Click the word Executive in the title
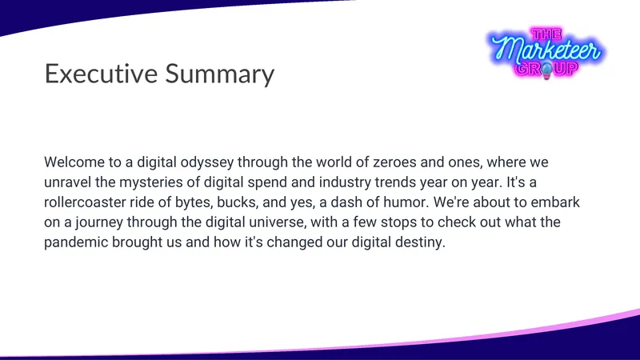tap(101, 74)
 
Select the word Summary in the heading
tap(220, 74)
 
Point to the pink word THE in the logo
tap(546, 34)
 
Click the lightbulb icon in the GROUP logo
tap(546, 70)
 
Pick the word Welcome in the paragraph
tap(74, 162)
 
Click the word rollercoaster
tap(85, 202)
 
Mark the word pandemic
tap(76, 243)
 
